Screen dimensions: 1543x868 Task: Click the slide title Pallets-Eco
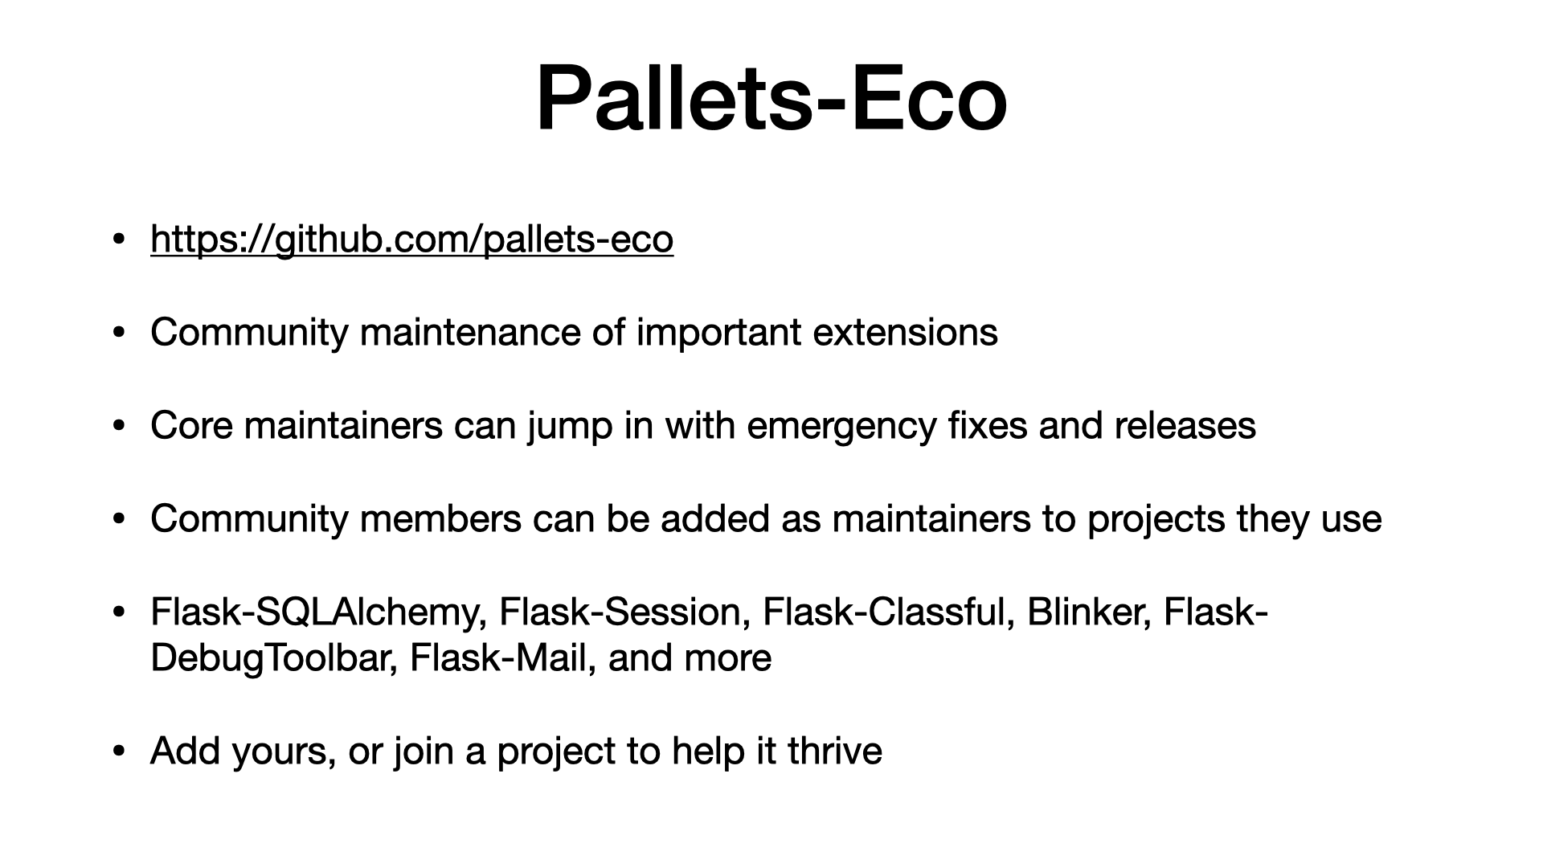coord(771,99)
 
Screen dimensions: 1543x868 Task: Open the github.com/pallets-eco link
coord(411,240)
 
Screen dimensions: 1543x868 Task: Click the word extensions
coord(905,332)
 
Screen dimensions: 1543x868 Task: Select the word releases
coord(1185,425)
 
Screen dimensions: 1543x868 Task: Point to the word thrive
coord(835,751)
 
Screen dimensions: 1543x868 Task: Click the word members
coord(440,518)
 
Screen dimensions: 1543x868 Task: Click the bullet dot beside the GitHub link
coord(119,240)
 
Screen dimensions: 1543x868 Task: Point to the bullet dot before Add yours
coord(119,751)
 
